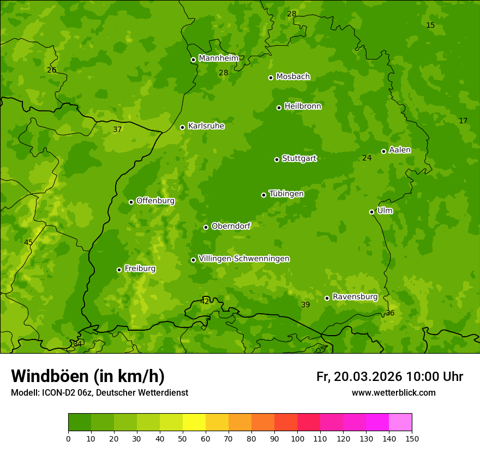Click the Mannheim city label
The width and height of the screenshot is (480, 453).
coord(218,58)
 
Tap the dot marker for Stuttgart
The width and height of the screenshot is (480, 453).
coord(277,159)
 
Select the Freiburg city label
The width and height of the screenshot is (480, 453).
coord(140,269)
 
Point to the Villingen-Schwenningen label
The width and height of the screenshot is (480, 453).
coord(244,259)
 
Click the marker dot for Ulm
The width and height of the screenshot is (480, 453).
coord(371,212)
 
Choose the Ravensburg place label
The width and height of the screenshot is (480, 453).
coord(355,297)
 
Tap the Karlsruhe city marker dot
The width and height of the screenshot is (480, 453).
coord(182,127)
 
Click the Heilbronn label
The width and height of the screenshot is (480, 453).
coord(302,106)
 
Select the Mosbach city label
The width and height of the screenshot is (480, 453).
coord(292,77)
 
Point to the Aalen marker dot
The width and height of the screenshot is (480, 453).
coord(383,151)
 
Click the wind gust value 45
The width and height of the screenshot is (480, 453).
coord(28,242)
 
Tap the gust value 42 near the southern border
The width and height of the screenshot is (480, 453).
coord(205,301)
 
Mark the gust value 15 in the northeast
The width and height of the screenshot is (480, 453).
coord(430,26)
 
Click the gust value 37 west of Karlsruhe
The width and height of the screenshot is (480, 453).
coord(117,130)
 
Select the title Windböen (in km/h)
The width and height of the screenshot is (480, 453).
coord(87,376)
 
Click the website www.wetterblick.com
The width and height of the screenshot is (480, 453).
coord(393,392)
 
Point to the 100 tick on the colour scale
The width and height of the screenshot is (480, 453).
coord(297,438)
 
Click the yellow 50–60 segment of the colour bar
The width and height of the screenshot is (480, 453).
coord(194,422)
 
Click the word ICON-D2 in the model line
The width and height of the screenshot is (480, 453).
coord(58,392)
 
